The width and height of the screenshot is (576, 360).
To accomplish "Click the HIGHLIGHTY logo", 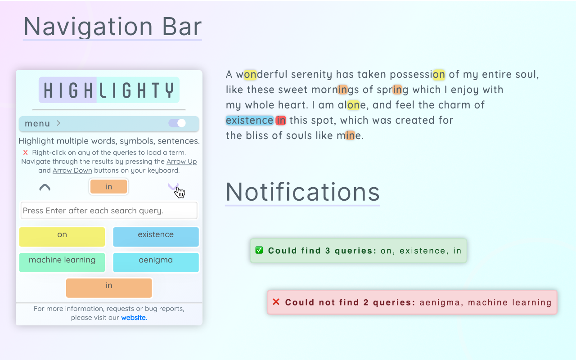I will click(x=109, y=90).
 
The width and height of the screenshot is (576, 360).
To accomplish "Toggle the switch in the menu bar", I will click(x=177, y=123).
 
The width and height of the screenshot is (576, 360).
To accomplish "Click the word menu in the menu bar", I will click(x=37, y=123).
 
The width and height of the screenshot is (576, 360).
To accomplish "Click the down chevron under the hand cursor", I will click(x=173, y=186).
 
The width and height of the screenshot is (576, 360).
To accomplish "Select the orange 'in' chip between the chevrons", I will click(x=109, y=187).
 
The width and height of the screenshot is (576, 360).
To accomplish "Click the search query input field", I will click(x=109, y=211).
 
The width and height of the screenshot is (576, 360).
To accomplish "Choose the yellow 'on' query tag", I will click(x=62, y=237).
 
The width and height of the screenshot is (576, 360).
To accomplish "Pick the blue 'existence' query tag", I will click(x=156, y=237).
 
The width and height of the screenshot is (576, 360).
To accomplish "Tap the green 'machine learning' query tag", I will click(x=62, y=262).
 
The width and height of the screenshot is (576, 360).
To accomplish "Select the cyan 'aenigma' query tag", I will click(x=156, y=262).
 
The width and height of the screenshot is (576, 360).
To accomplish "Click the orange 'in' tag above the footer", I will click(x=109, y=288).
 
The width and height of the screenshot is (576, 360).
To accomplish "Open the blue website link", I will click(x=133, y=318).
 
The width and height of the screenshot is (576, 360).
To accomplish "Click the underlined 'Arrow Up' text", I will click(x=181, y=162).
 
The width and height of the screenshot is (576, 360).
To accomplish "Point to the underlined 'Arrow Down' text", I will click(x=72, y=171).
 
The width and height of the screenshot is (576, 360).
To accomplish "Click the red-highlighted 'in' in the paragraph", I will click(x=281, y=120).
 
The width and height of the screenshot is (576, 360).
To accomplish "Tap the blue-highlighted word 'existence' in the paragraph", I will click(x=249, y=120).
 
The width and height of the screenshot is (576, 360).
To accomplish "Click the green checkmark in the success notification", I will click(x=259, y=250).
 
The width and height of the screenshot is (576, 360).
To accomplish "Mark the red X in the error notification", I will click(x=276, y=302).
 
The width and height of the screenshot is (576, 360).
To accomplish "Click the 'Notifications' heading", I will click(x=302, y=192).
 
